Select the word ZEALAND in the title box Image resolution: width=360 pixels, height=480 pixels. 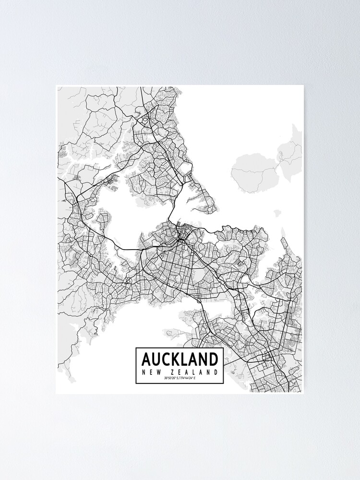pyautogui.click(x=194, y=372)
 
